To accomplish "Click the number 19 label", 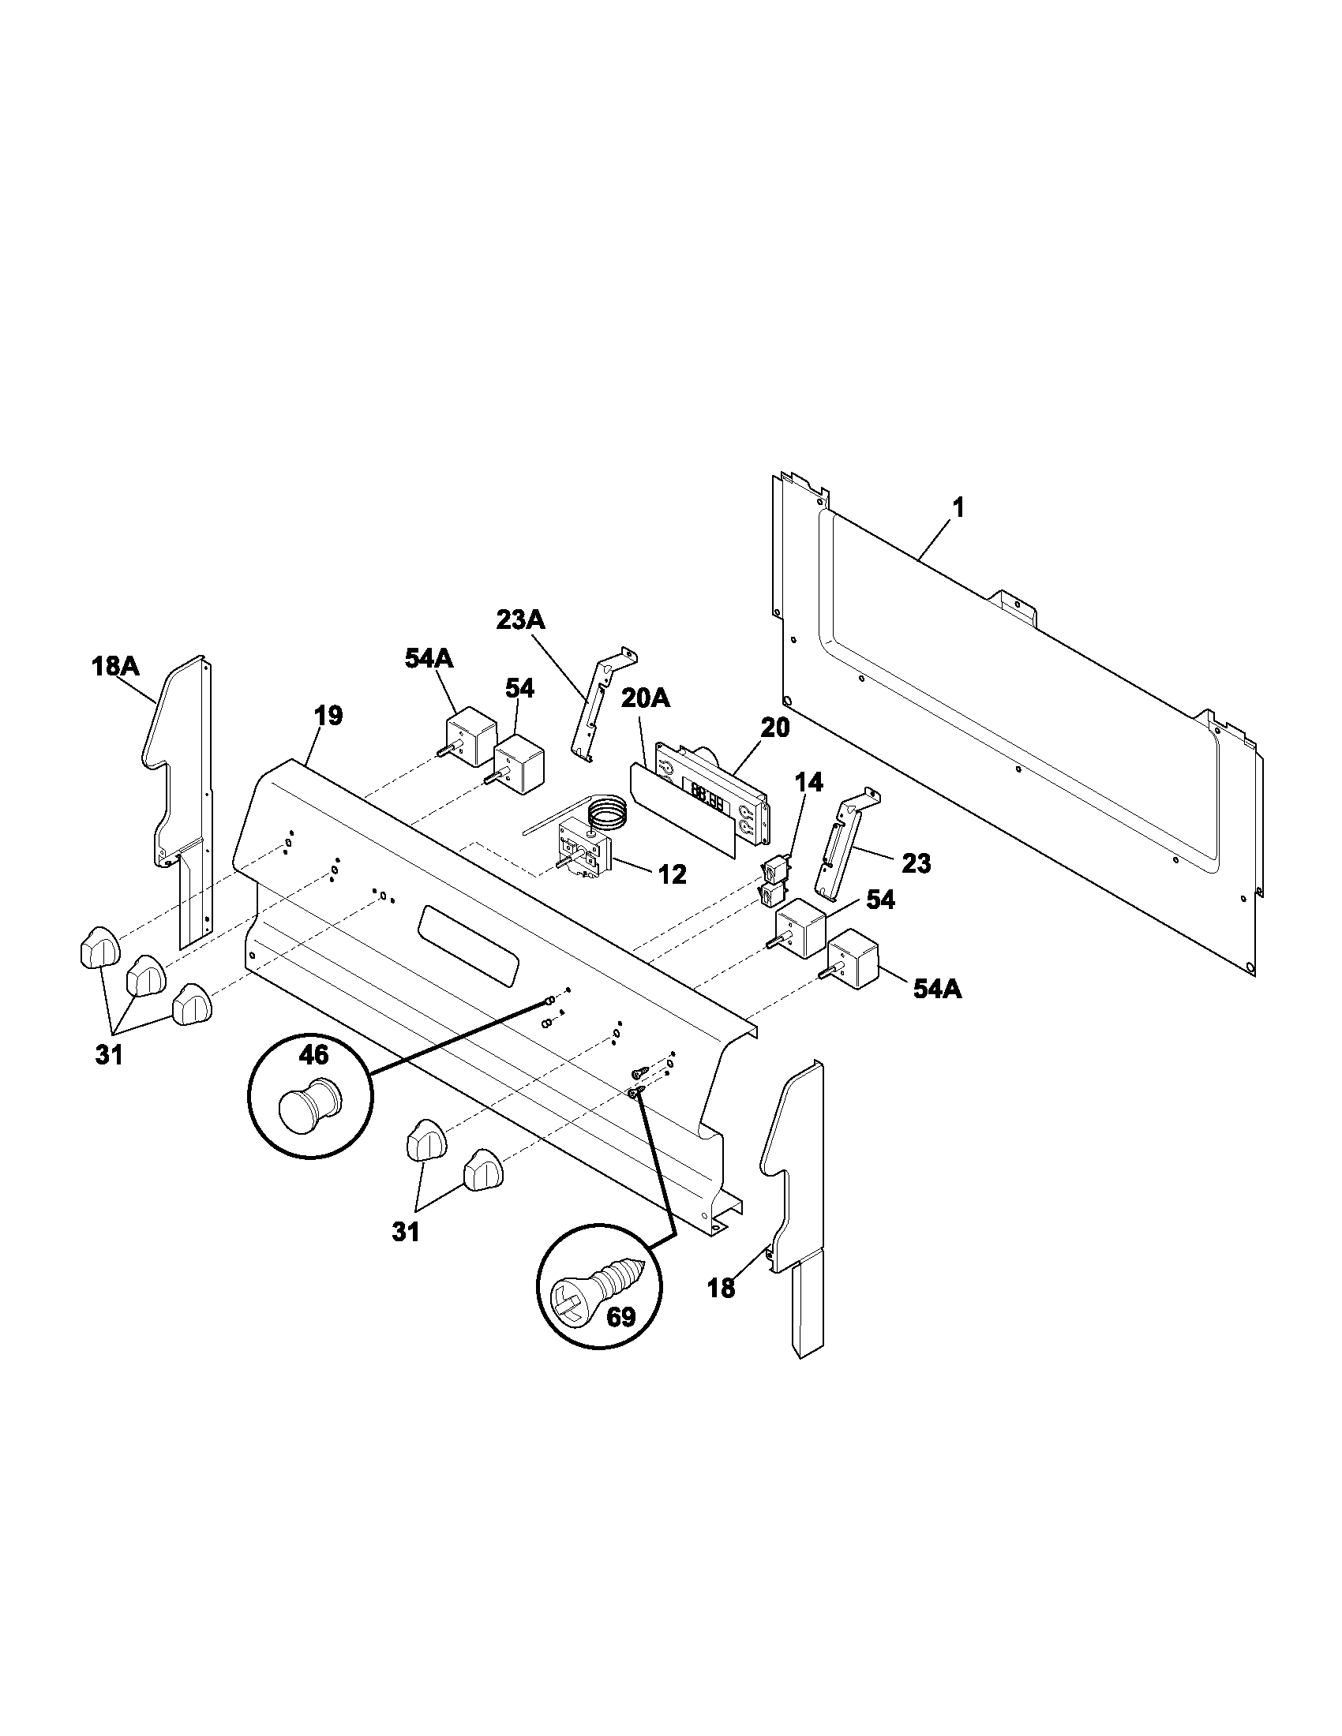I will (x=328, y=716).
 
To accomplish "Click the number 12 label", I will (x=672, y=874).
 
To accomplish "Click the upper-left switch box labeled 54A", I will (x=469, y=735).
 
